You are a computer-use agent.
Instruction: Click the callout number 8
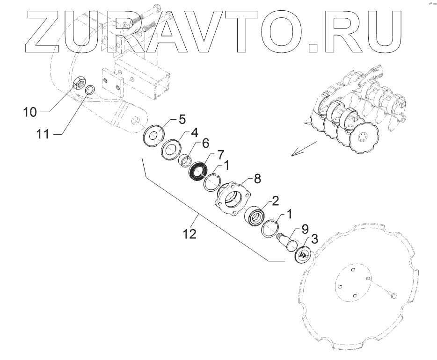click(257, 179)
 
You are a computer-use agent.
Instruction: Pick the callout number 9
click(305, 229)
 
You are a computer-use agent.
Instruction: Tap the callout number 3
click(315, 240)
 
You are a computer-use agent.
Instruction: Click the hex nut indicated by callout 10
click(80, 85)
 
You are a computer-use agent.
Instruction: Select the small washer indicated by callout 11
click(92, 89)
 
